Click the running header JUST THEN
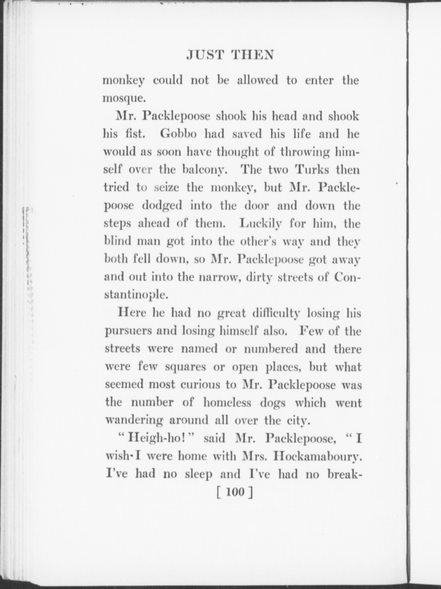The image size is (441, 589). click(229, 55)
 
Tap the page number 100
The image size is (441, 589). click(235, 492)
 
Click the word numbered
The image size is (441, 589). click(271, 349)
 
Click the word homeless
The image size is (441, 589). click(227, 403)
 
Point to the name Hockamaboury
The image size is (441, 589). click(316, 457)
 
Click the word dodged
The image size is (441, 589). click(162, 206)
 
